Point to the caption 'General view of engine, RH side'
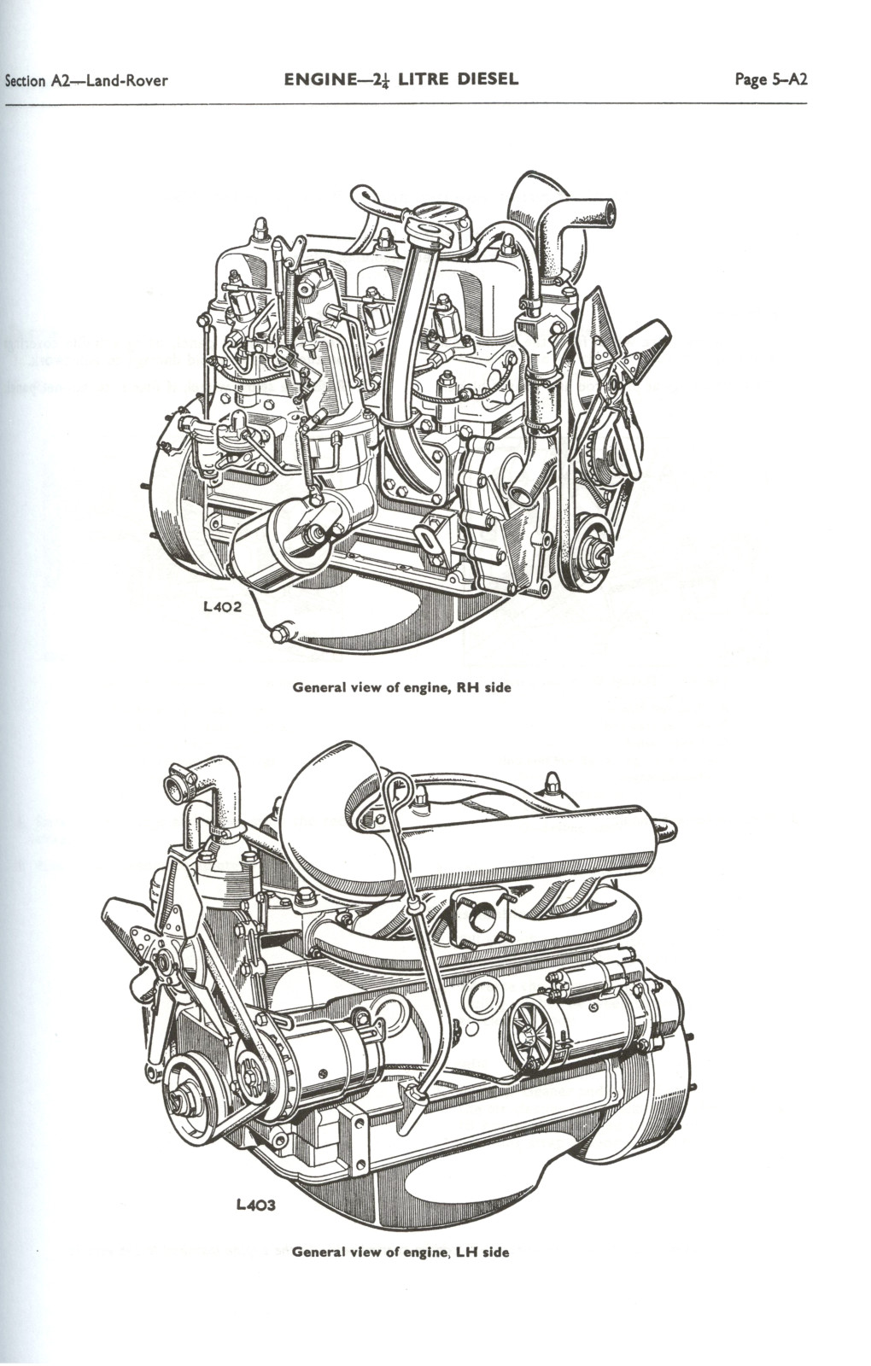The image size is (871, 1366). (402, 687)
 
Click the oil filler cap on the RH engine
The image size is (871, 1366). (444, 229)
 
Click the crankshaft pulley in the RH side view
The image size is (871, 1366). (593, 548)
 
